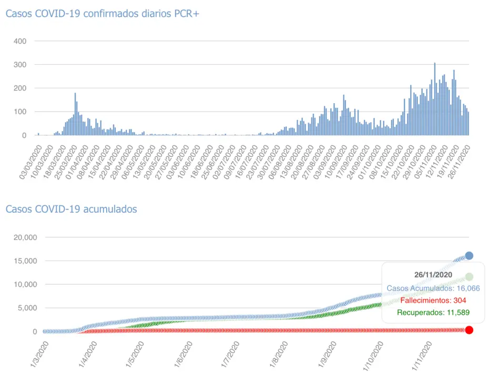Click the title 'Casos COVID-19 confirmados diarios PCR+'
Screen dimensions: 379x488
coord(102,14)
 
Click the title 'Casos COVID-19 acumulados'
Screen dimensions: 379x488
coord(71,209)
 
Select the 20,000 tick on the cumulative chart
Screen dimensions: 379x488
coord(24,237)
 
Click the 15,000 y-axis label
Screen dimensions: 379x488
coord(24,261)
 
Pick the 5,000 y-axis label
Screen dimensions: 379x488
coord(26,308)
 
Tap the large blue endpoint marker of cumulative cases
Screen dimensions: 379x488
coord(469,255)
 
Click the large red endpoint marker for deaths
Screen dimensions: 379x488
coord(469,330)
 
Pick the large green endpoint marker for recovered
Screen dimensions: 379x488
coord(469,277)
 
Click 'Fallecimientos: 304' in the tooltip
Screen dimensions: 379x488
coord(433,301)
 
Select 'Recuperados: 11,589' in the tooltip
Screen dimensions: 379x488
coord(433,313)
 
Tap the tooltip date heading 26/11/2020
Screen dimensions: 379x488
coord(433,275)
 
